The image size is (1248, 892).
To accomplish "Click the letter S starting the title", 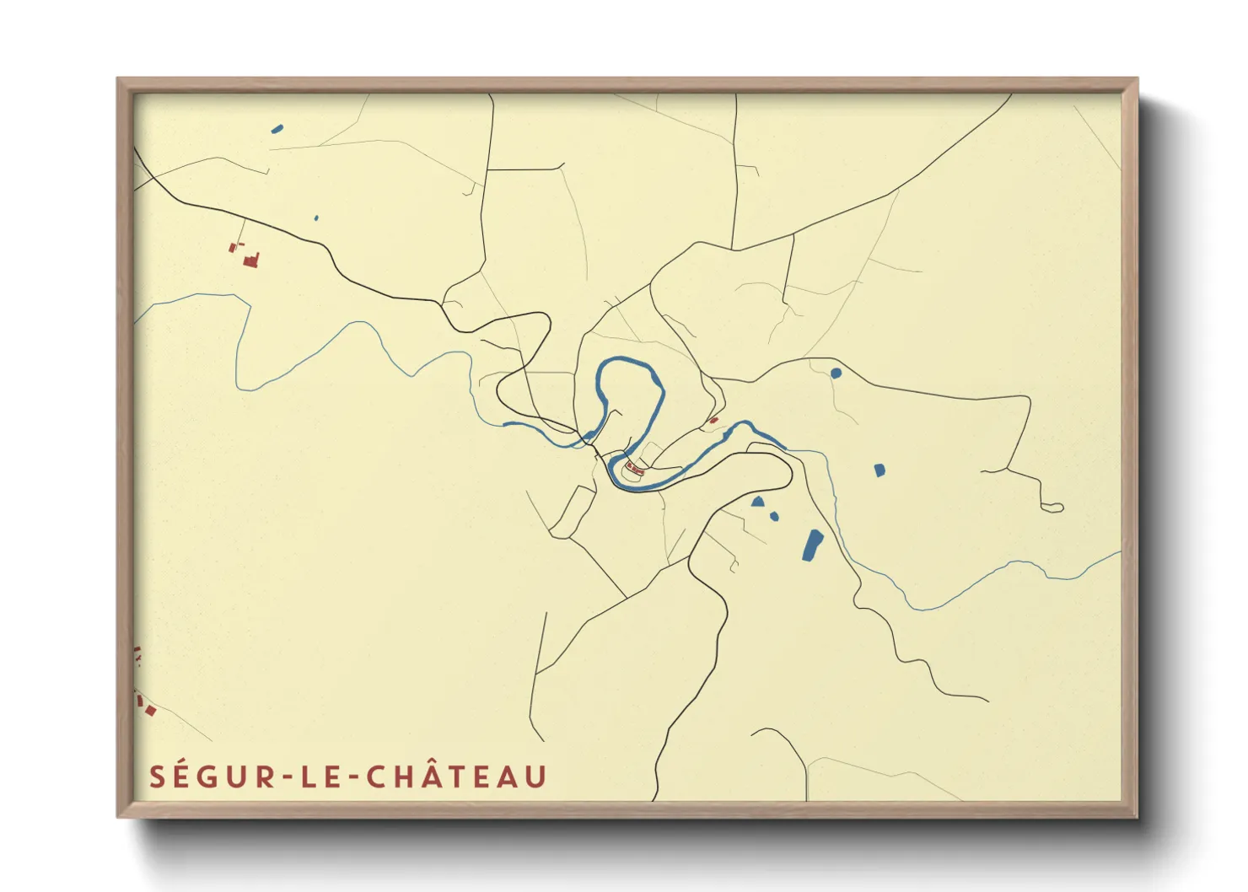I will [x=157, y=777].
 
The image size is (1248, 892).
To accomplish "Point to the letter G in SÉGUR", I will [x=213, y=777].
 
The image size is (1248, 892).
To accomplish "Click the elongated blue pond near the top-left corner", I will [x=277, y=129].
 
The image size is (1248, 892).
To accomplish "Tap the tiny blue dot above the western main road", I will [x=316, y=218].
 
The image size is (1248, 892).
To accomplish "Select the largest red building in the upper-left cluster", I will [x=251, y=261].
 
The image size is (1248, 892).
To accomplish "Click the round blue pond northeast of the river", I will [x=836, y=373].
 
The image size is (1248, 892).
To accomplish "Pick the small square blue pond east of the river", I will [x=879, y=470].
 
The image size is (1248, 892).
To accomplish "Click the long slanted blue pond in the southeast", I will [x=813, y=545].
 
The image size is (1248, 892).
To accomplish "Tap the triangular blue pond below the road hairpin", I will [x=758, y=502].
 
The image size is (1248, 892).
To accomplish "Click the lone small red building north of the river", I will [x=713, y=420].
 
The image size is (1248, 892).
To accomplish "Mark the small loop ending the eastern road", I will [x=1052, y=508].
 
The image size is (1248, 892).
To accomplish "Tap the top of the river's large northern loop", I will [x=628, y=363].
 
